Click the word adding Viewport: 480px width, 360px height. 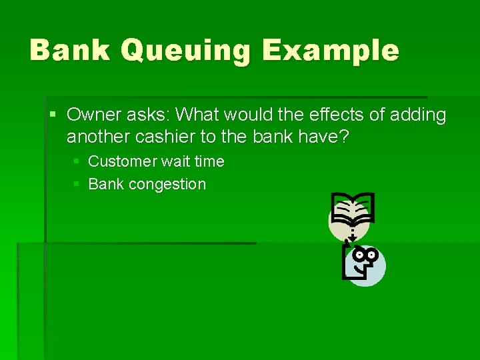tap(418, 116)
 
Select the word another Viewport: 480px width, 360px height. tap(95, 137)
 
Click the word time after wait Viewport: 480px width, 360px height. tap(209, 161)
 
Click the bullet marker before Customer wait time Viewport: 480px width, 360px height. tap(77, 161)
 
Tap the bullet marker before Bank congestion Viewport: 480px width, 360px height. tap(77, 184)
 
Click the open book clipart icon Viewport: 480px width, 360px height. tap(352, 210)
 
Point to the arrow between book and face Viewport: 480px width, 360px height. tap(351, 235)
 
